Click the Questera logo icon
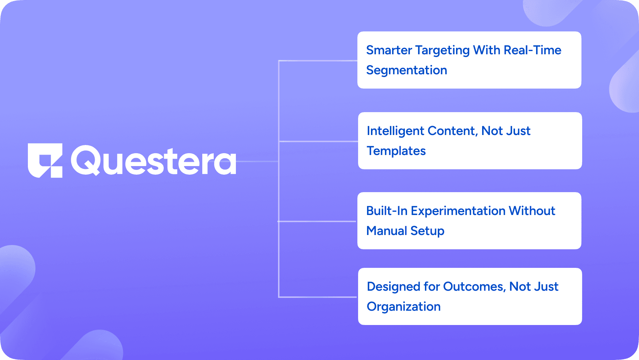(x=45, y=160)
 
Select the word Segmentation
(x=407, y=70)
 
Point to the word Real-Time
(x=532, y=50)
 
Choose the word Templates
(x=396, y=151)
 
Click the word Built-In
(x=387, y=211)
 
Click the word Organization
(x=403, y=307)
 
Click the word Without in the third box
(x=532, y=211)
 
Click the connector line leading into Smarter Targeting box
(x=318, y=61)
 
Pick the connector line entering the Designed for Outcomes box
(x=318, y=297)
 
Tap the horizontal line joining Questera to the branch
(x=257, y=161)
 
